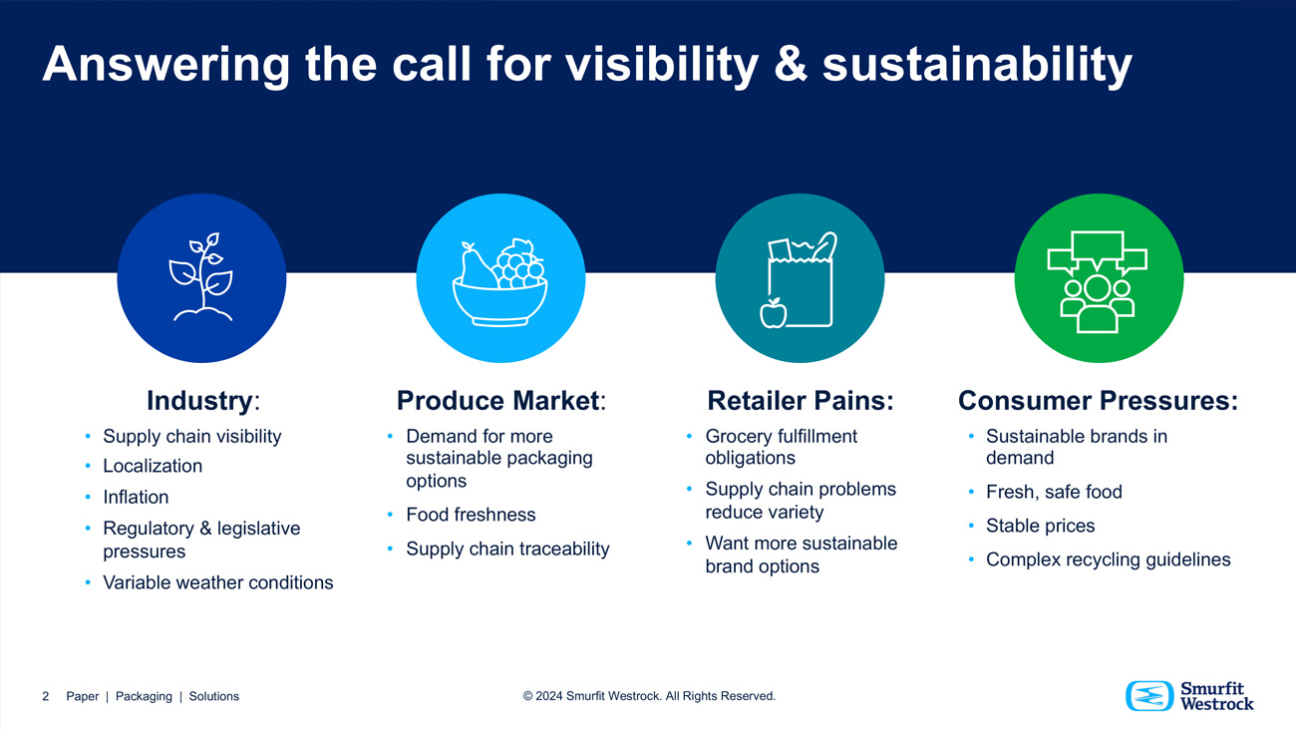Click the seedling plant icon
(x=201, y=276)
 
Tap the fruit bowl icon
(x=499, y=282)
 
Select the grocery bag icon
(x=799, y=280)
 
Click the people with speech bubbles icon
(x=1097, y=282)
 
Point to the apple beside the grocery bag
(x=773, y=313)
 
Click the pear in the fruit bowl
(x=477, y=265)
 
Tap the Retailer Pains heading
(x=801, y=400)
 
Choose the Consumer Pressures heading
(x=1099, y=400)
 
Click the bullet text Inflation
(x=136, y=497)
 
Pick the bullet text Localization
(x=153, y=466)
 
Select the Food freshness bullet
(x=471, y=515)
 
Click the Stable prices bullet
(x=1040, y=526)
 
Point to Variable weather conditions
(x=218, y=582)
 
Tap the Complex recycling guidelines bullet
(x=1108, y=559)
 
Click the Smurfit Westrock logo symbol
(x=1149, y=695)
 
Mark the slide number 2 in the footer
(x=45, y=696)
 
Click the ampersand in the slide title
(x=791, y=64)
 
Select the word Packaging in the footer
(x=144, y=697)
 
